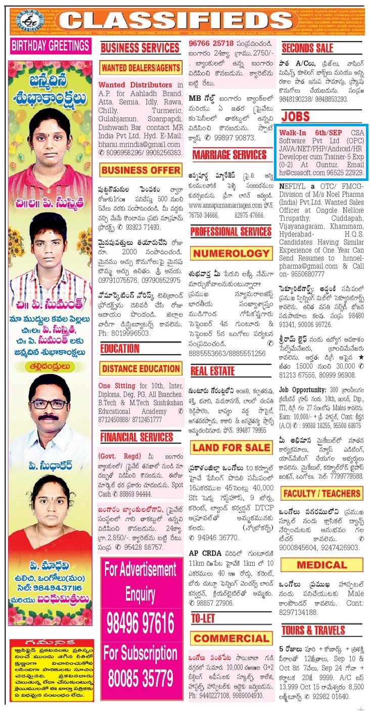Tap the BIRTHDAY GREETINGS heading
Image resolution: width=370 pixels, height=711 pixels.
point(51,46)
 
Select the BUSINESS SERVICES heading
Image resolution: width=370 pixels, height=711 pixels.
point(140,48)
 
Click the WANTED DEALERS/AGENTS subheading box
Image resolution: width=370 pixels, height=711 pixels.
point(140,68)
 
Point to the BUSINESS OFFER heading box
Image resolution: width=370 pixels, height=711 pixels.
point(140,170)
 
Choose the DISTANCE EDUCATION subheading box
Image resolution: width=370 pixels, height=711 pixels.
point(140,368)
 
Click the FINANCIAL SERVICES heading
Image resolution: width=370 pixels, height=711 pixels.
point(136,437)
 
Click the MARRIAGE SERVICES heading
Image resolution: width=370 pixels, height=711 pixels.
point(229,155)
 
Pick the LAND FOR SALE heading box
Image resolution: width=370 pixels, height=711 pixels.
point(230,447)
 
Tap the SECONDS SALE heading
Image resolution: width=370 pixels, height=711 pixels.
point(307,49)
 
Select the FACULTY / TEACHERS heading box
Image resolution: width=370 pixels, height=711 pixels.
point(321,493)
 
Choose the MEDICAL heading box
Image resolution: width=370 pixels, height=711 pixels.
point(321,564)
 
